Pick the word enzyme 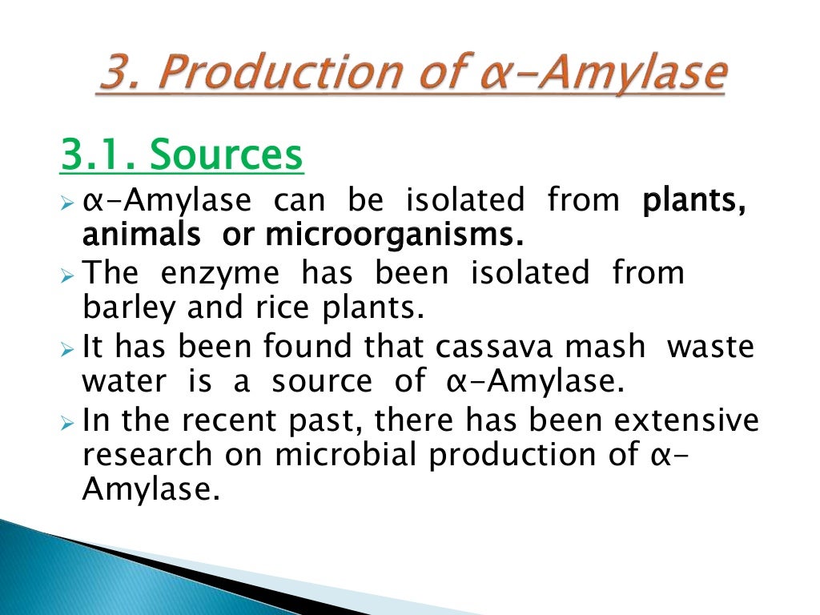[x=220, y=273]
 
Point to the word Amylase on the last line [x=150, y=491]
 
